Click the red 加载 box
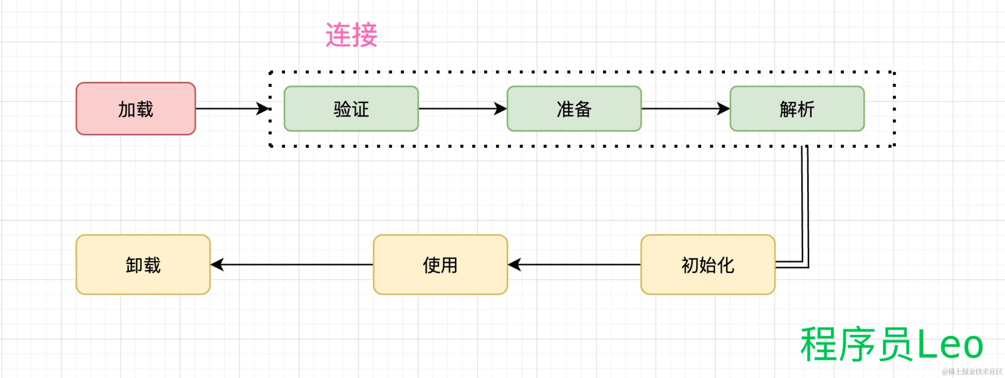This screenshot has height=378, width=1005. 135,109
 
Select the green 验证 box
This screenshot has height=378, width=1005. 351,109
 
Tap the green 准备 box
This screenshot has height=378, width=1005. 574,109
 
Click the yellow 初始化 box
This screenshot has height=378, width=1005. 708,265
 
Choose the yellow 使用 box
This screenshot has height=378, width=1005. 440,265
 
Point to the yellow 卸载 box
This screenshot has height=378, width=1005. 143,265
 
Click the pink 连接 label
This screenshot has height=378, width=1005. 351,35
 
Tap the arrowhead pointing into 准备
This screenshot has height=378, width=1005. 501,109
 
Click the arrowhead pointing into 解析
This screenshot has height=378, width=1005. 724,109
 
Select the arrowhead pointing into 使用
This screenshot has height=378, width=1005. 515,265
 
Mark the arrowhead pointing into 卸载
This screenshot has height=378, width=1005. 217,265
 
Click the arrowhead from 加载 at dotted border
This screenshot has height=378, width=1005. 263,109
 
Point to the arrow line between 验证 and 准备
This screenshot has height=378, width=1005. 457,109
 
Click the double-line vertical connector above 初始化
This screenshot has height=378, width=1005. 804,203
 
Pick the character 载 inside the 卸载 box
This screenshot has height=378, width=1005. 152,265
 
